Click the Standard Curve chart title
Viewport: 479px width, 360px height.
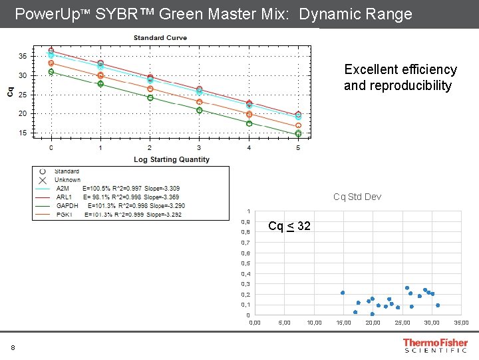(x=160, y=38)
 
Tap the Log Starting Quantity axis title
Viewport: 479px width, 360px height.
(x=171, y=159)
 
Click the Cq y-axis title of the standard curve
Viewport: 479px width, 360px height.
(x=10, y=91)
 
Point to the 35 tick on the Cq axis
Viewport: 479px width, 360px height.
(x=23, y=56)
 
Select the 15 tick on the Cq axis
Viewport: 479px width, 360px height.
(x=23, y=133)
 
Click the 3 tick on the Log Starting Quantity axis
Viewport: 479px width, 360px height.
(x=199, y=147)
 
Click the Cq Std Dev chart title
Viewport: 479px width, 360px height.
(x=357, y=197)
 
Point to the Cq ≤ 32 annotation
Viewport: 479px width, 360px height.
(x=289, y=227)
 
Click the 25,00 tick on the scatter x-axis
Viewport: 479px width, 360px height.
(x=402, y=323)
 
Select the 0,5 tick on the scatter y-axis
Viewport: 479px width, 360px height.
(x=245, y=263)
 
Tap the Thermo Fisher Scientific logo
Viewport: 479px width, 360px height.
(x=435, y=345)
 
